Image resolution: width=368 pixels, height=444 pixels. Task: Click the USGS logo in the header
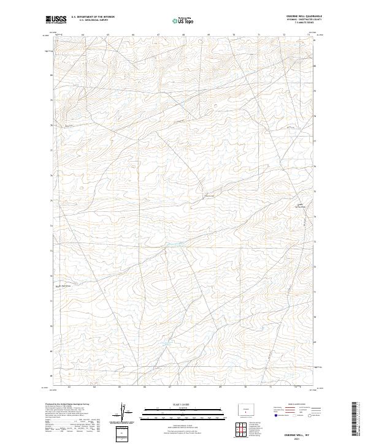[x=55, y=20]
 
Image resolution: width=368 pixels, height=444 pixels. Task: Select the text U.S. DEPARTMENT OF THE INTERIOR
[x=93, y=17]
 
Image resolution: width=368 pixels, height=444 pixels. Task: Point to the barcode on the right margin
[x=355, y=421]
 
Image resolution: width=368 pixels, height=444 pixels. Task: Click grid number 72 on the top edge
[x=285, y=35]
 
